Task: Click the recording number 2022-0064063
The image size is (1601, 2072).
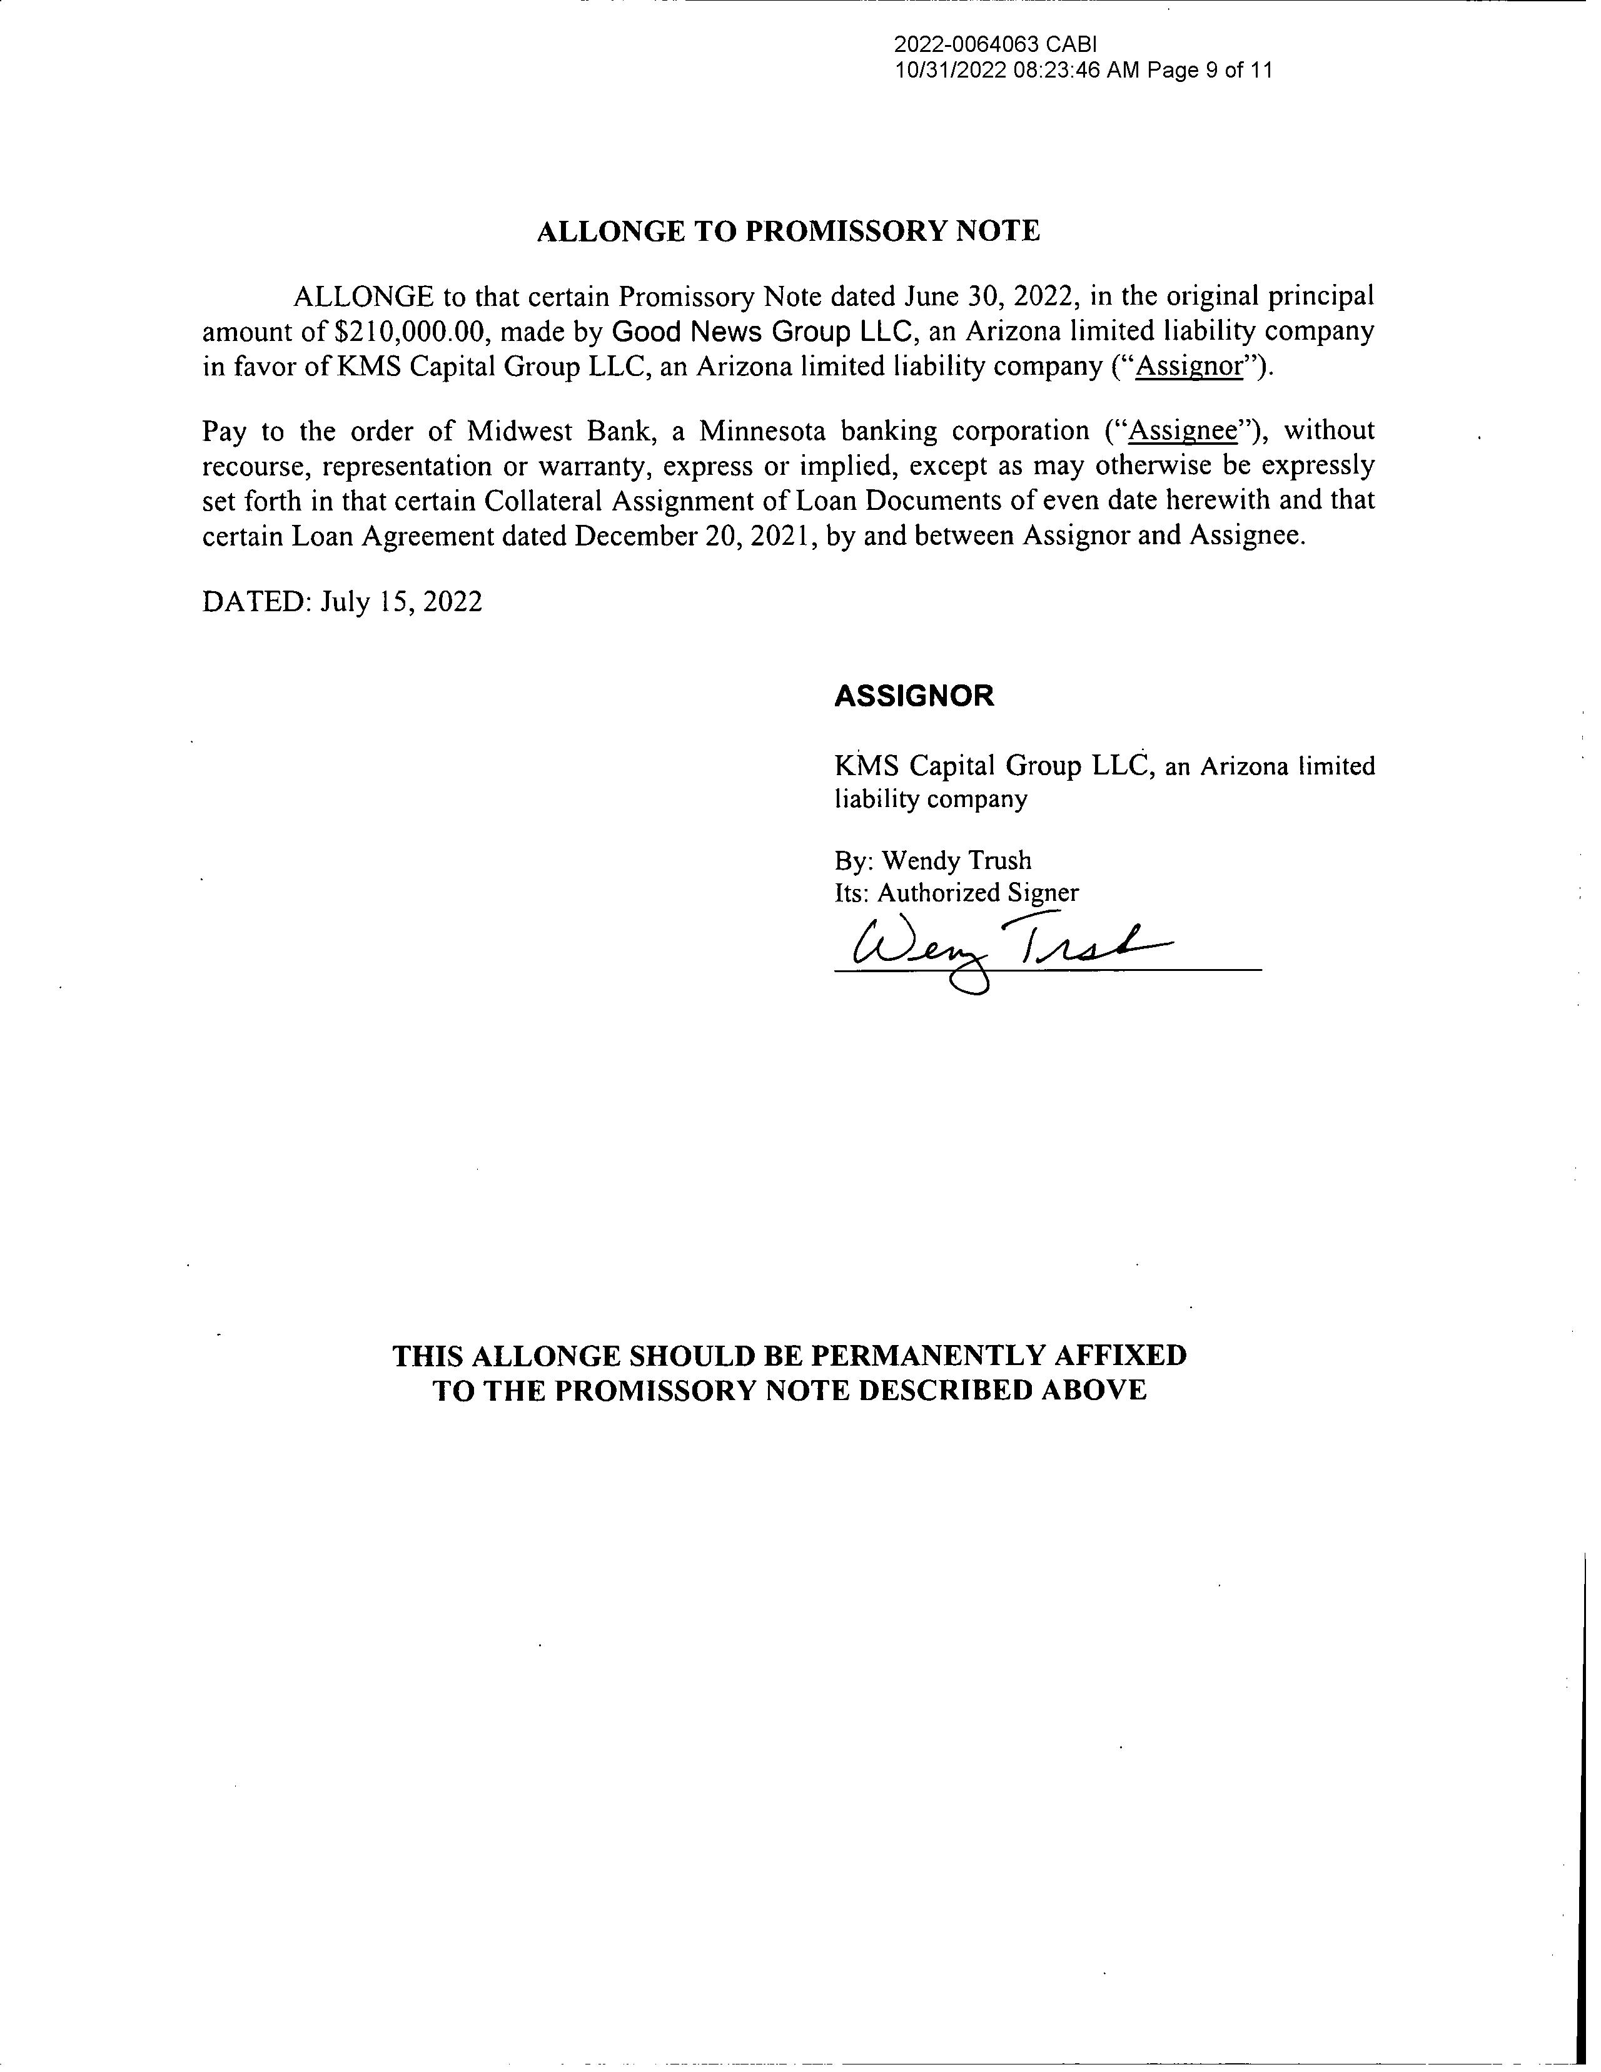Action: (x=966, y=44)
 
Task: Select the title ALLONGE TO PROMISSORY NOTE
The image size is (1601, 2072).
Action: (x=788, y=231)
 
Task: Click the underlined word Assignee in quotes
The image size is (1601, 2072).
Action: (x=1184, y=432)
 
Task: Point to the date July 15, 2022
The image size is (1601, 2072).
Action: (x=402, y=601)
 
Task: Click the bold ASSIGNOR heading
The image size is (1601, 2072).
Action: (x=913, y=696)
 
